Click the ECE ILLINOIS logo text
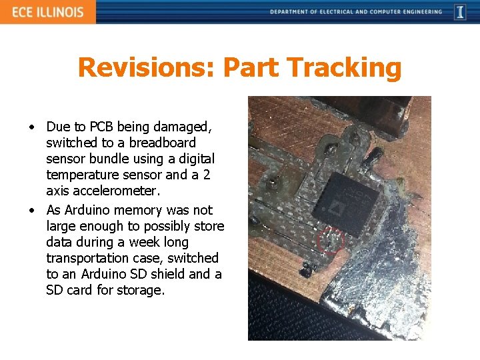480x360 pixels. pyautogui.click(x=47, y=12)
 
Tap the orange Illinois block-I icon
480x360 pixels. pyautogui.click(x=460, y=12)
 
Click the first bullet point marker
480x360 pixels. pyautogui.click(x=31, y=127)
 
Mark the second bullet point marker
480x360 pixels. pyautogui.click(x=31, y=210)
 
